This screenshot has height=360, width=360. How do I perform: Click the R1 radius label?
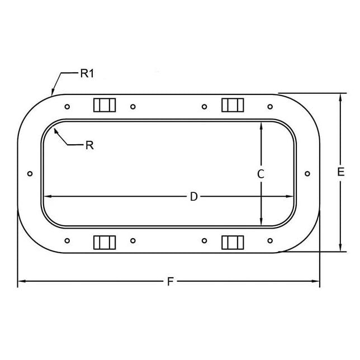[x=86, y=73]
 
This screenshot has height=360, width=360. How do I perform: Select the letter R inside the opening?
[x=89, y=145]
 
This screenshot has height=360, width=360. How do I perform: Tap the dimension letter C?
[x=260, y=174]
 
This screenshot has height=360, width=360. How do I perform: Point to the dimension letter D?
[x=193, y=196]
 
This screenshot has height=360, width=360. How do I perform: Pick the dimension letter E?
[x=340, y=173]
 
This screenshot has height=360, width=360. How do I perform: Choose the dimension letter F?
[x=169, y=282]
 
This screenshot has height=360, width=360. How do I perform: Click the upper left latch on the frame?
[x=104, y=105]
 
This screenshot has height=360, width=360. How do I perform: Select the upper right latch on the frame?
[x=233, y=105]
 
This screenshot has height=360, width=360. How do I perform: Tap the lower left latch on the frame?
[x=104, y=242]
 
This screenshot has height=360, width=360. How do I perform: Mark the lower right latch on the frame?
[x=233, y=242]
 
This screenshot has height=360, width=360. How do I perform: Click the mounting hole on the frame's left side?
[x=30, y=174]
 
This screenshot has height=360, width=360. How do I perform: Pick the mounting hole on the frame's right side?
[x=307, y=174]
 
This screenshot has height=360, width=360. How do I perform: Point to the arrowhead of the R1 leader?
[x=52, y=92]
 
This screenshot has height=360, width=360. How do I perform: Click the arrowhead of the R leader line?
[x=55, y=128]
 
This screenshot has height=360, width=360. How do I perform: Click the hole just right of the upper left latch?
[x=132, y=107]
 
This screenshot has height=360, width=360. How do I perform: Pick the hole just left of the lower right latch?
[x=204, y=241]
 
